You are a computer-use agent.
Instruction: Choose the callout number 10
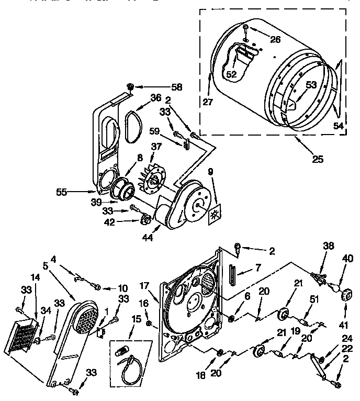point(122,287)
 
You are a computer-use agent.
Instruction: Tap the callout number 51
point(314,299)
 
